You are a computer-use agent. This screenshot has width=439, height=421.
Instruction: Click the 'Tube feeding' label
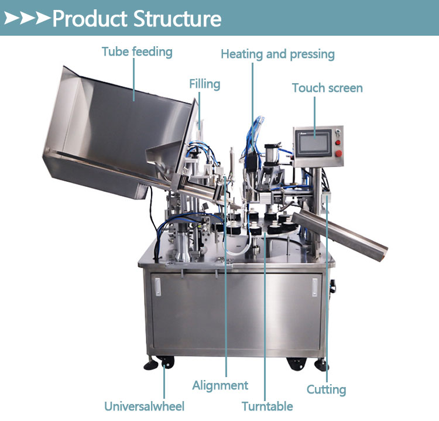tap(137, 52)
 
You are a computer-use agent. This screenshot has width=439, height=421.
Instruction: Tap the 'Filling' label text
tap(205, 84)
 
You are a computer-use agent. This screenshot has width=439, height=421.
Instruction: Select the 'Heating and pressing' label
tap(277, 54)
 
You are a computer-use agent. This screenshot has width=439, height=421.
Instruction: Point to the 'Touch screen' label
tap(327, 88)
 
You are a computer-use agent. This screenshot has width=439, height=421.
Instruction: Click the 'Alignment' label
tap(220, 385)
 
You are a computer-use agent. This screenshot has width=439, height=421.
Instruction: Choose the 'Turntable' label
tap(267, 406)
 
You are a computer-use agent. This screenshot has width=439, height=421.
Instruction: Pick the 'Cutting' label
tap(327, 389)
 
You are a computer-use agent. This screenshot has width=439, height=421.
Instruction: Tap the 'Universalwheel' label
tap(144, 406)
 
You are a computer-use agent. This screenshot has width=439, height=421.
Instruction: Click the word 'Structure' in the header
tap(177, 19)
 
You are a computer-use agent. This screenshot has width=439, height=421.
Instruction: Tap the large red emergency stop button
tap(338, 153)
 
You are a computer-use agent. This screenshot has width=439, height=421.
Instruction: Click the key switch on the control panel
tap(338, 132)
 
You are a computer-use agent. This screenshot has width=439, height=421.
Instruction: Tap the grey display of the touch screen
tap(314, 143)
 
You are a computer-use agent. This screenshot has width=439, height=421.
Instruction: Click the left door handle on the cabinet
tap(158, 286)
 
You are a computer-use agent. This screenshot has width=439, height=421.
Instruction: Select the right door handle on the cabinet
tap(315, 287)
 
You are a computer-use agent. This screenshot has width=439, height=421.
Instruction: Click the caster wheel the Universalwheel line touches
tap(167, 363)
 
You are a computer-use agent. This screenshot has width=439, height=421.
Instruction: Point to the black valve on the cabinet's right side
tap(332, 286)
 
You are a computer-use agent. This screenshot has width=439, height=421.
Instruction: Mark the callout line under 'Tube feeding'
tap(134, 80)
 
